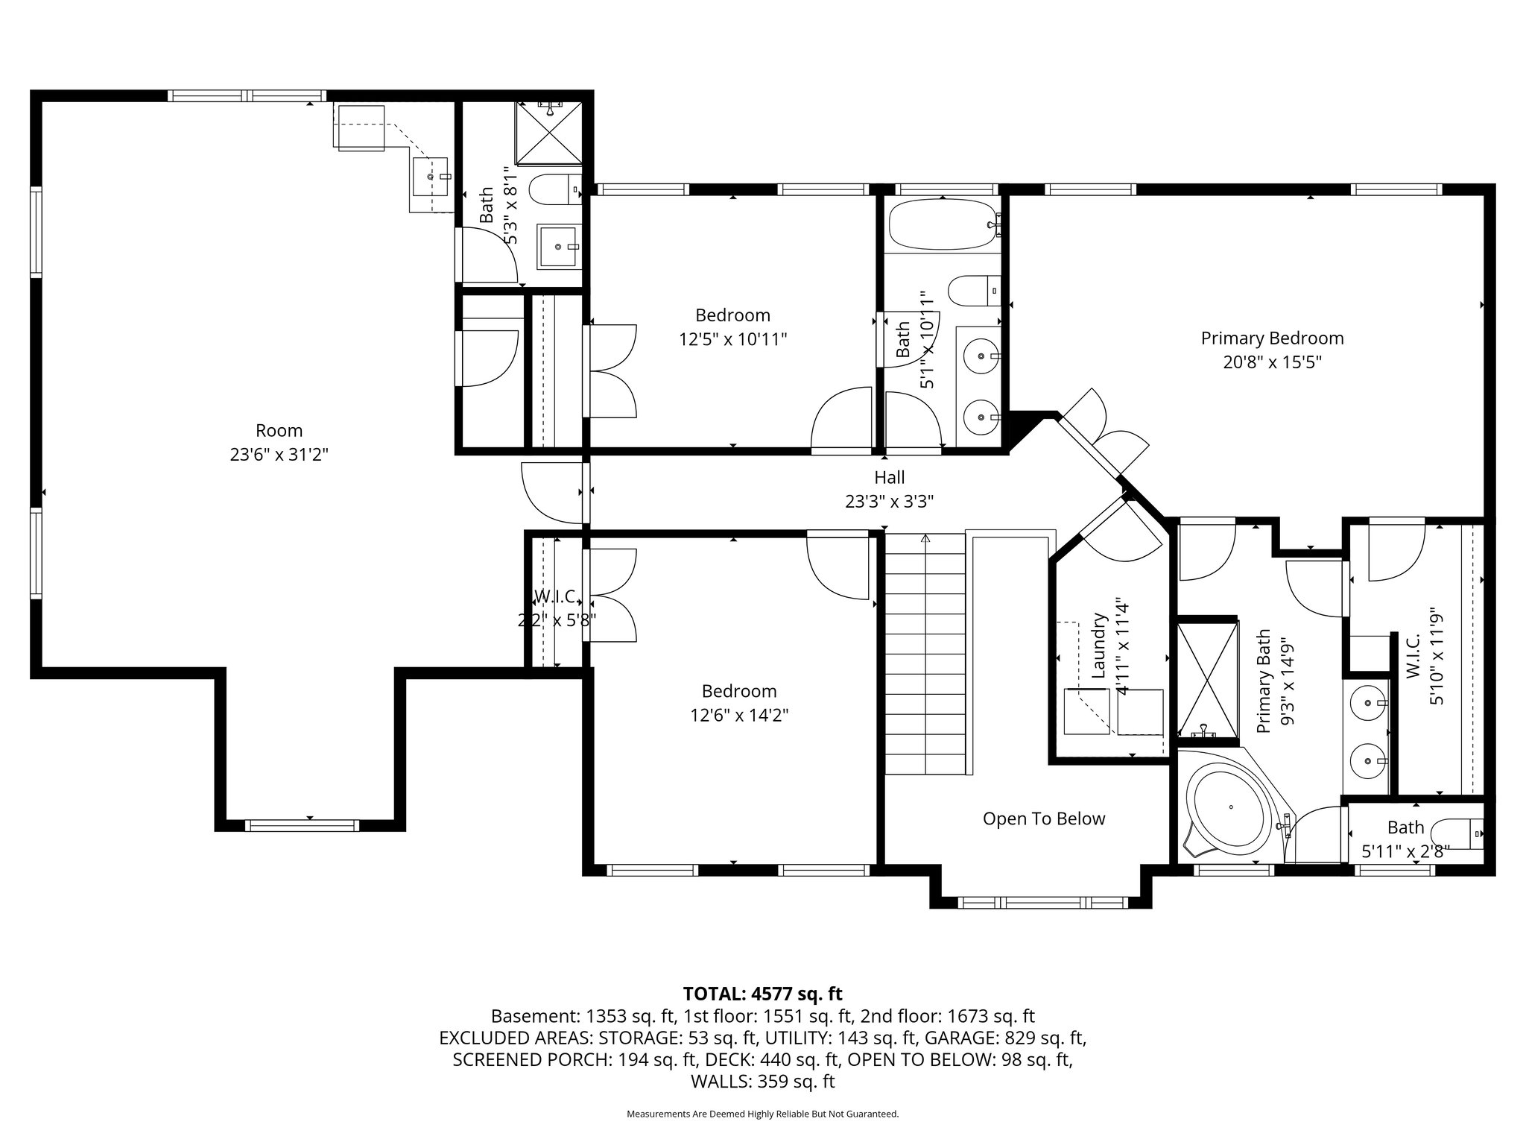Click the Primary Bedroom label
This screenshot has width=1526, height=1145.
(x=1272, y=338)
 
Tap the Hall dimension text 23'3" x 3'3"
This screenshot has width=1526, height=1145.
(x=890, y=502)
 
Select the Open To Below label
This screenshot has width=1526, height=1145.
(x=1044, y=819)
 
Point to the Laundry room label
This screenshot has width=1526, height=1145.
(x=1098, y=646)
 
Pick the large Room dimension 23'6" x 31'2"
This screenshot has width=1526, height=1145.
(x=279, y=455)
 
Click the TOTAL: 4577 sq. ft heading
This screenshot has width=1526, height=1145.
(x=762, y=994)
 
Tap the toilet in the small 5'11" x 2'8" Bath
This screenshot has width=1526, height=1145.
(x=1465, y=833)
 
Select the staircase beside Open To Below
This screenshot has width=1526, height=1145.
(x=925, y=654)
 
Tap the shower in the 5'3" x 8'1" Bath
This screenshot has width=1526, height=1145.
(x=549, y=133)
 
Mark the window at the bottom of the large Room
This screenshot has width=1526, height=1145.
(x=302, y=825)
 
